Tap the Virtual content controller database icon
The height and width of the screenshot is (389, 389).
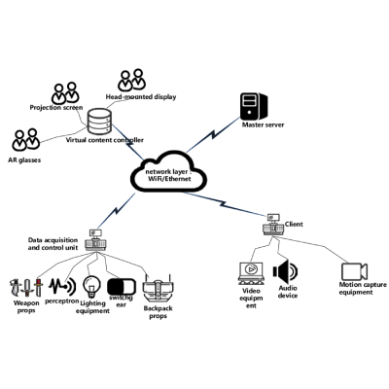pyautogui.click(x=100, y=123)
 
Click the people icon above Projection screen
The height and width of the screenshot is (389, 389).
pyautogui.click(x=65, y=92)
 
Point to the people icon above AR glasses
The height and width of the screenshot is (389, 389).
pyautogui.click(x=27, y=142)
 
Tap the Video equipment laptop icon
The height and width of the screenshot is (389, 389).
pyautogui.click(x=251, y=272)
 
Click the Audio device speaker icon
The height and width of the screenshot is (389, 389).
pyautogui.click(x=286, y=271)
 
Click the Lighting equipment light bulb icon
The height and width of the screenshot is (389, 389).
pyautogui.click(x=92, y=286)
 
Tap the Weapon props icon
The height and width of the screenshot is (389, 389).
pyautogui.click(x=25, y=288)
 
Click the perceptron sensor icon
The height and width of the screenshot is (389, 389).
pyautogui.click(x=61, y=286)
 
